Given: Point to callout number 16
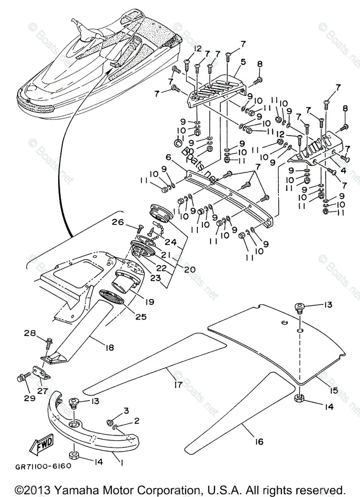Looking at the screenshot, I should coord(259,442).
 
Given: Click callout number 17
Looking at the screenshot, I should coord(178,385).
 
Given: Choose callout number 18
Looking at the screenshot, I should coord(110,347).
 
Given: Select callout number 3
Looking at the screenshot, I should coord(126,410).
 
